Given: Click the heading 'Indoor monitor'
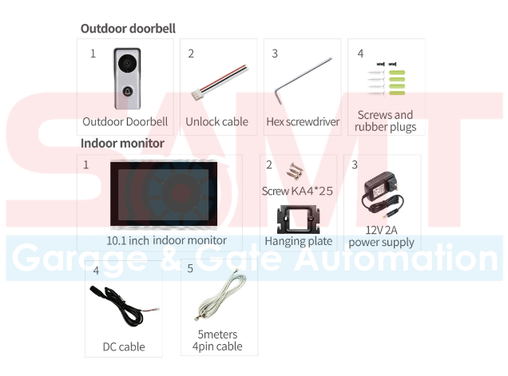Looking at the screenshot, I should point(122,144).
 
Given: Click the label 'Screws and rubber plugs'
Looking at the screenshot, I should point(385,121).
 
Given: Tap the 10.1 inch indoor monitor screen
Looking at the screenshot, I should point(167,196).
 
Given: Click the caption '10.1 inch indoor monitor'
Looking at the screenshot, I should point(167,240).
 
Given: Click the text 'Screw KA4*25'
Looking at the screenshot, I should point(296,192).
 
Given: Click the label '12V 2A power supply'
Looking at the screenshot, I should point(381,236).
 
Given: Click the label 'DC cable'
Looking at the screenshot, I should point(124,347).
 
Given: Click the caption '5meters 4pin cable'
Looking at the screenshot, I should point(217,340).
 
